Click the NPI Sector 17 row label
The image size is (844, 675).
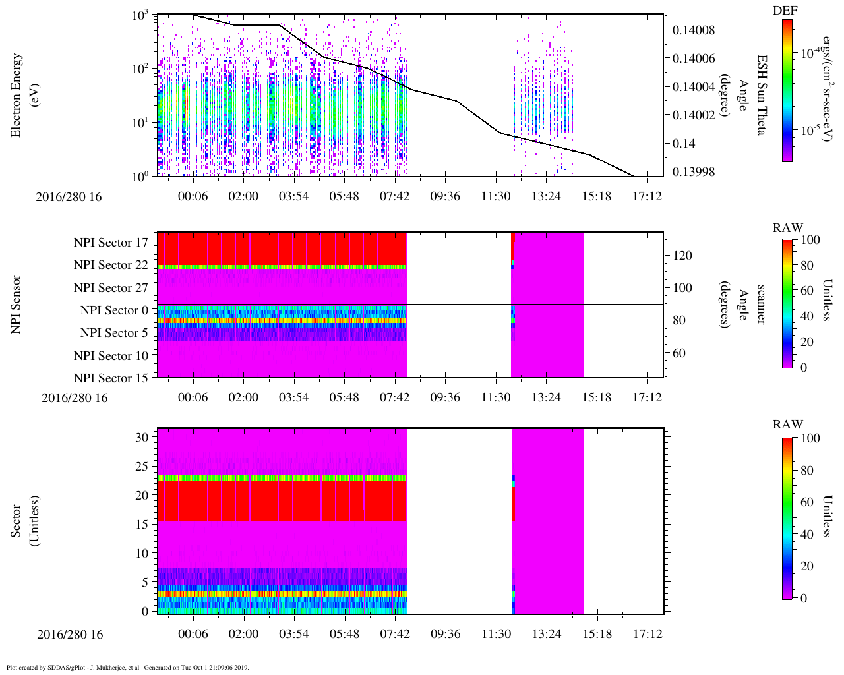pyautogui.click(x=111, y=243)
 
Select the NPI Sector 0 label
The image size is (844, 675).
pyautogui.click(x=115, y=310)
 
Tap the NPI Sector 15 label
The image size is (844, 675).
pyautogui.click(x=111, y=378)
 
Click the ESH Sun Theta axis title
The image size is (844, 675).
pyautogui.click(x=761, y=96)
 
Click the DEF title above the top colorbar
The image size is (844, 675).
pyautogui.click(x=785, y=11)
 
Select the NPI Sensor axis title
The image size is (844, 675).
pyautogui.click(x=16, y=305)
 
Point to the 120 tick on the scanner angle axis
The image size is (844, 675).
pyautogui.click(x=682, y=256)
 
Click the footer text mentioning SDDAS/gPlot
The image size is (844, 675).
pyautogui.click(x=127, y=667)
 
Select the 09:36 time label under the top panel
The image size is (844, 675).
pyautogui.click(x=445, y=196)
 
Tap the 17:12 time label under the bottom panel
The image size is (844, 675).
pyautogui.click(x=647, y=634)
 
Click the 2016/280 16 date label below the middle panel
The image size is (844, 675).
pyautogui.click(x=74, y=397)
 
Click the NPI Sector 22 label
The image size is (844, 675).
pyautogui.click(x=111, y=265)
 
